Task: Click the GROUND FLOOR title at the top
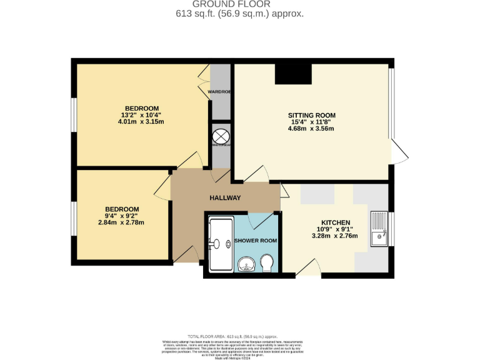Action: [240, 4]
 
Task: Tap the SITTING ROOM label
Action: [311, 116]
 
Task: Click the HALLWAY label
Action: [225, 198]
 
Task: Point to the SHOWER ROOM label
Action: [256, 241]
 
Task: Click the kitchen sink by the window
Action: [379, 229]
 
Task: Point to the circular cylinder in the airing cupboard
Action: [220, 136]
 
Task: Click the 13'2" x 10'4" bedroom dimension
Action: [141, 115]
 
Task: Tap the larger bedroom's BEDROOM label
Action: [141, 108]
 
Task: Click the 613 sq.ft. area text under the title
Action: [240, 14]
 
